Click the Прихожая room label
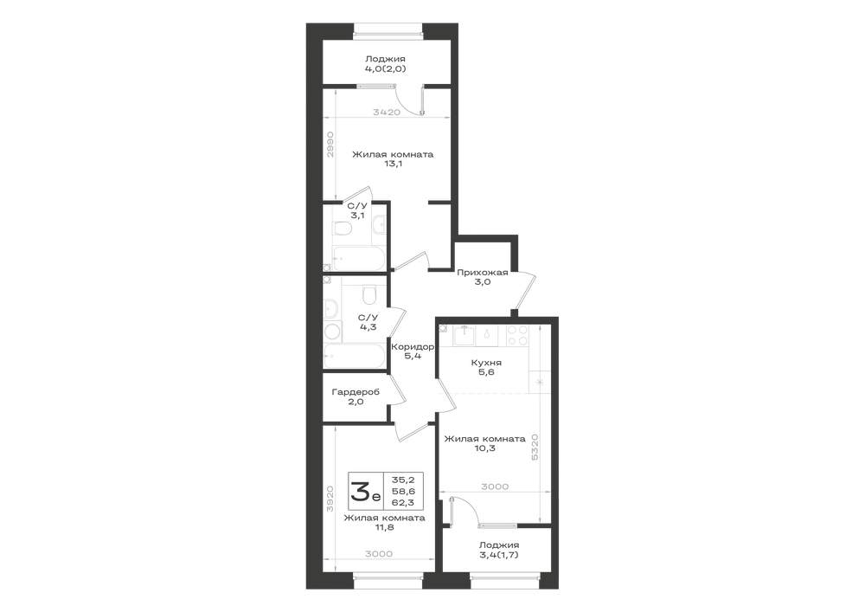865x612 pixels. (482, 277)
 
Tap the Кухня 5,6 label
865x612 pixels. (486, 368)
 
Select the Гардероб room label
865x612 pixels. (356, 396)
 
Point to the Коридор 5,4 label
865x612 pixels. (413, 351)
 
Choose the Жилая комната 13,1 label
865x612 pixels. (393, 159)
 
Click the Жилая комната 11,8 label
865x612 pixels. (385, 523)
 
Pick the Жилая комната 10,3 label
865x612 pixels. (485, 444)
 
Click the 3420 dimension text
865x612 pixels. (387, 112)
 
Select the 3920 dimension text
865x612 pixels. (330, 499)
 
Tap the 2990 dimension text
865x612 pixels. (330, 145)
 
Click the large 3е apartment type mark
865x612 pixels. (365, 491)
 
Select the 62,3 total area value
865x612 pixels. (403, 503)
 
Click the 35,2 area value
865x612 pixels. (403, 480)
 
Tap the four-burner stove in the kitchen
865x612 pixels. (517, 336)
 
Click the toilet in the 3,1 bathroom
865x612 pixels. (343, 229)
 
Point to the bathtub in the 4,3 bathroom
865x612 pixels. (355, 356)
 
